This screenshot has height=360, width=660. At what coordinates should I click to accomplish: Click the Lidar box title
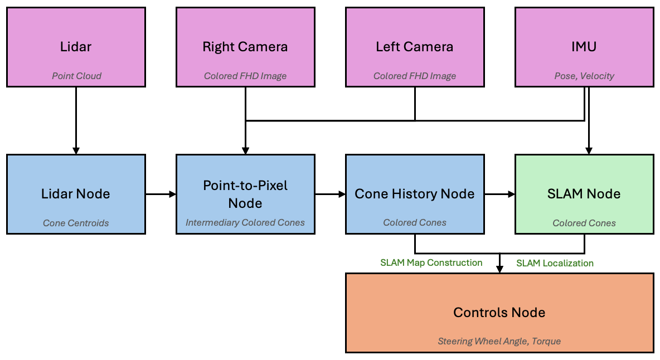tap(76, 47)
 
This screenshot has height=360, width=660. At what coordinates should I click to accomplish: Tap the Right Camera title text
tap(245, 47)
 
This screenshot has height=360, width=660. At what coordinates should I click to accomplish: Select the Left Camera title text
tap(415, 47)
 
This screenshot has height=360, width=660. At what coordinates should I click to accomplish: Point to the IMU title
tap(584, 47)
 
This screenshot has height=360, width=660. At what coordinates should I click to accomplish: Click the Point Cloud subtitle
tap(76, 76)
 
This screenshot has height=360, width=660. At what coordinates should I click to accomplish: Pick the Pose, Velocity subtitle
tap(584, 76)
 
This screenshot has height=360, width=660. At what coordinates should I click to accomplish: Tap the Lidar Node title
tap(76, 194)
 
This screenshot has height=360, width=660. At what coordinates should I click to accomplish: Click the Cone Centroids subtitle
tap(76, 223)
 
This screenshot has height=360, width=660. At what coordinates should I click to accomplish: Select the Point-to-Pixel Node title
tap(245, 194)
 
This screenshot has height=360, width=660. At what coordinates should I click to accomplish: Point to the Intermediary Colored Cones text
tap(245, 223)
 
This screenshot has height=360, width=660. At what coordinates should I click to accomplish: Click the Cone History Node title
tap(415, 194)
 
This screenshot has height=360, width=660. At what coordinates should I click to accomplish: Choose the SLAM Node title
tap(584, 194)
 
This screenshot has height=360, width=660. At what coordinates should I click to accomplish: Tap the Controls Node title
tap(499, 313)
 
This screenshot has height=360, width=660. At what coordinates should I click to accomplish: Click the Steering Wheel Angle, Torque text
tap(499, 341)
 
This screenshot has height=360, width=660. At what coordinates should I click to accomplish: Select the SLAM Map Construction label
tap(431, 263)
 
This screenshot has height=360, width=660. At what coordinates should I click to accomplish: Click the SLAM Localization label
tap(555, 263)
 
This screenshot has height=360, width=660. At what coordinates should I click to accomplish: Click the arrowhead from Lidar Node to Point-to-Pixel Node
tap(173, 194)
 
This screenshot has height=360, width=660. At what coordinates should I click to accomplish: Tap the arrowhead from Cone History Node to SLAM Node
tap(511, 194)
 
